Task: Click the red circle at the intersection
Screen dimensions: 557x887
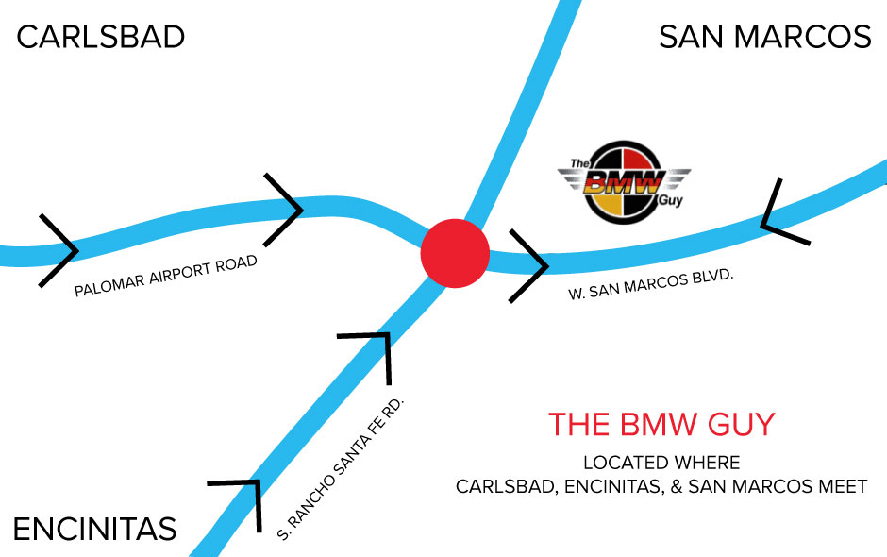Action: (x=455, y=253)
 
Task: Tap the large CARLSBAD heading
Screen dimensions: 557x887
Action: (x=101, y=38)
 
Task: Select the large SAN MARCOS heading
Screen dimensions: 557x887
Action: (x=764, y=38)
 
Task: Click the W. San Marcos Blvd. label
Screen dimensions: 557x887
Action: (x=651, y=284)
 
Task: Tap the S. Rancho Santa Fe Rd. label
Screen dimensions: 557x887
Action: (x=342, y=469)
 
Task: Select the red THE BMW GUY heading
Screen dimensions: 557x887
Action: (x=661, y=425)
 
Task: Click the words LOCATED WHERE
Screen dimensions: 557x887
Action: (x=661, y=464)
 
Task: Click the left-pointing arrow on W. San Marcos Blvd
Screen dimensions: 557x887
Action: (x=781, y=215)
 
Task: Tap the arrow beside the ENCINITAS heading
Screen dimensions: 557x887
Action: (x=242, y=500)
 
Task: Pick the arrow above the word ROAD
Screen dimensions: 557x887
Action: (x=283, y=209)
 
